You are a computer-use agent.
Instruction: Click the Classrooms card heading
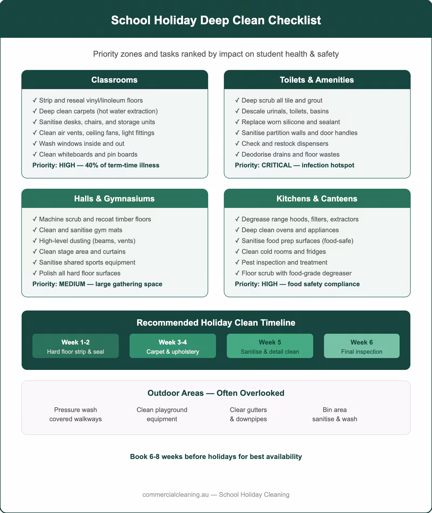tap(114, 80)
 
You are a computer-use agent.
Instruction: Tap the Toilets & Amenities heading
tap(317, 80)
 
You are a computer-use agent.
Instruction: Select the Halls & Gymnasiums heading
tap(114, 199)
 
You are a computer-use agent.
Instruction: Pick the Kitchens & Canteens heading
tap(317, 199)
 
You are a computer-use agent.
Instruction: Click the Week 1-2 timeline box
tap(76, 346)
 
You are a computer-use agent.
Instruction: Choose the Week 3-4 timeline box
tap(173, 346)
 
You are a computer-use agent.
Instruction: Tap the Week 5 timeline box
tap(270, 346)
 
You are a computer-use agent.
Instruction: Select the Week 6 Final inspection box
tap(362, 346)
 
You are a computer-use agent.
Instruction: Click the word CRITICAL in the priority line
tap(276, 165)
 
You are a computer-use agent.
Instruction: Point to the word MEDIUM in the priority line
tap(72, 284)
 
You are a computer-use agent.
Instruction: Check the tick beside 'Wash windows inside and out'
tap(35, 144)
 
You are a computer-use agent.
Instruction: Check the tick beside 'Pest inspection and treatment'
tap(237, 262)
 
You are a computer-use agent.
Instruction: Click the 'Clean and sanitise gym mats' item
tap(80, 230)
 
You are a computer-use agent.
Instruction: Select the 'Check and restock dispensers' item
tap(285, 144)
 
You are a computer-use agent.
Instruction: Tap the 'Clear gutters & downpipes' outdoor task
tap(248, 414)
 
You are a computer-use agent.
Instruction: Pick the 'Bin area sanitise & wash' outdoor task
tap(335, 414)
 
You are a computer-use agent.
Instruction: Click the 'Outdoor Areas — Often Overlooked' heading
tap(216, 393)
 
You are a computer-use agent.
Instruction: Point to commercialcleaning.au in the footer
tap(175, 495)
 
